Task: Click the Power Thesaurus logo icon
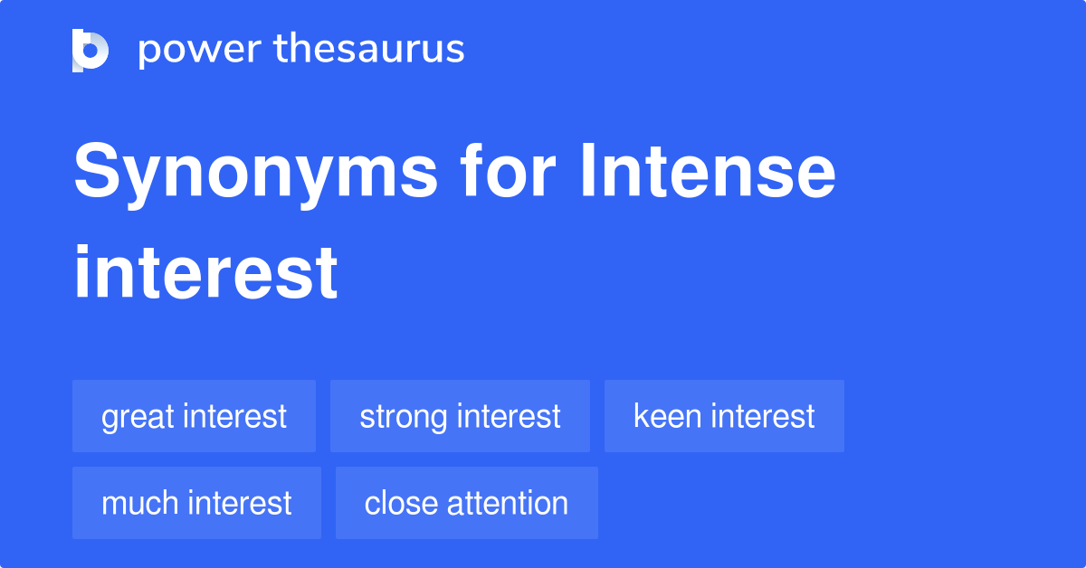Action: (90, 50)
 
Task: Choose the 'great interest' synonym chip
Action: (194, 416)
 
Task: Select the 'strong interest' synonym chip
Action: (460, 416)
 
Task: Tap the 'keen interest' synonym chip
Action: (724, 416)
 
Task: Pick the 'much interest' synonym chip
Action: (196, 503)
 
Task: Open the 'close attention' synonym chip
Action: (466, 503)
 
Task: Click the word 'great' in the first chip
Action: (138, 418)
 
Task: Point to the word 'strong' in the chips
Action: (405, 418)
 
